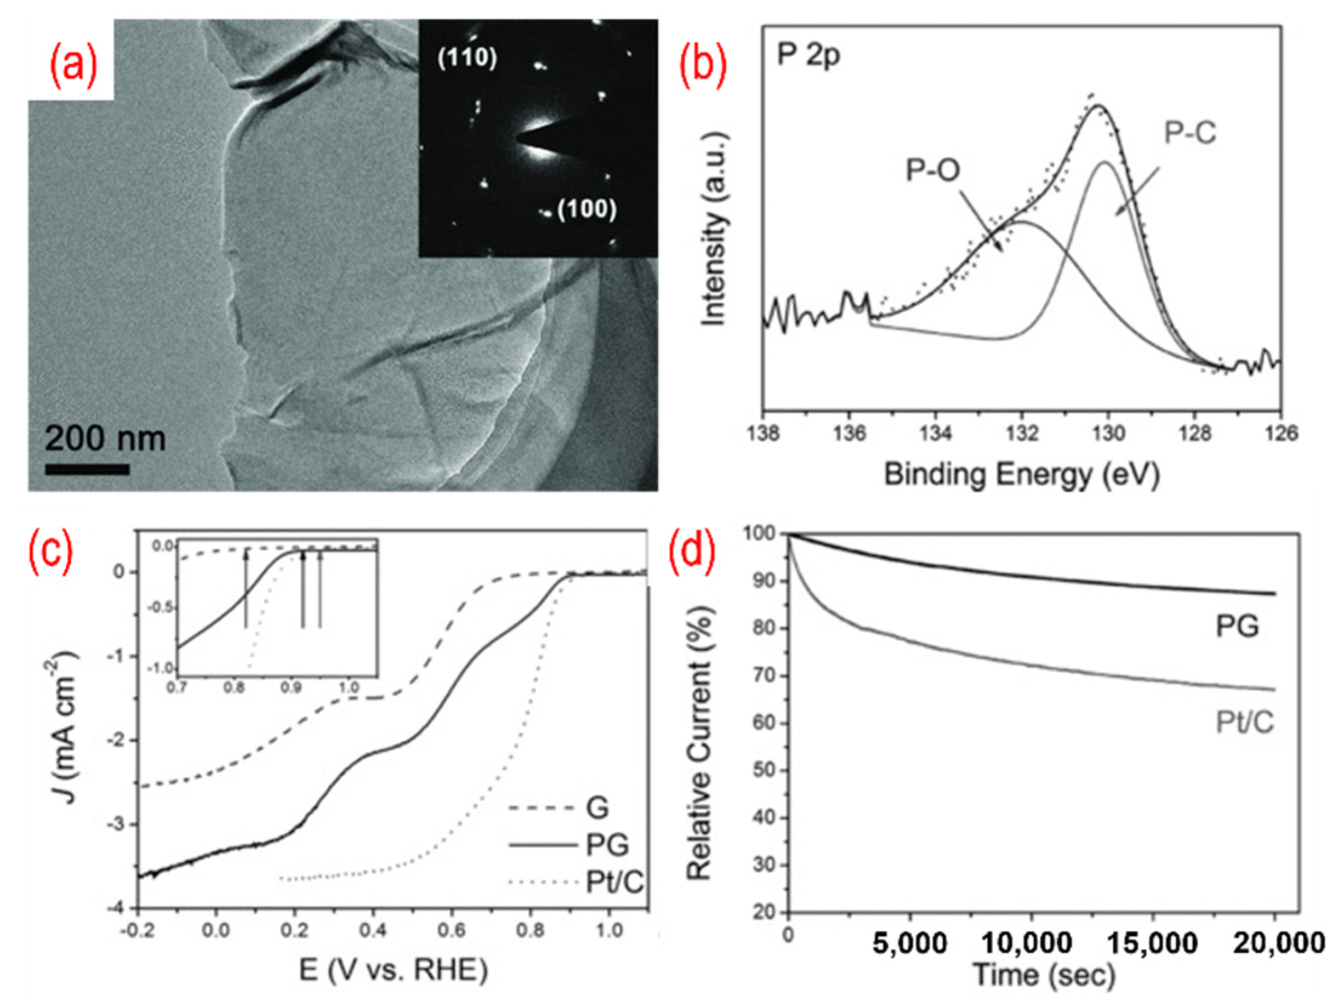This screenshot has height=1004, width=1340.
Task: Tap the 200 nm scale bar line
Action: coord(87,469)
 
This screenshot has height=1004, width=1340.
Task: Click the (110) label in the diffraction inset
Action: coord(467,58)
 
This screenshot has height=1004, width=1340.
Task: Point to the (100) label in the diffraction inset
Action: coord(586,210)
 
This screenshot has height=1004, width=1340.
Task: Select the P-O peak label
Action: coord(933,170)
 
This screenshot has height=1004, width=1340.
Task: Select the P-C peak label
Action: coord(1190,133)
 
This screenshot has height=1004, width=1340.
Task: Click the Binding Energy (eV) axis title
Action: coord(1022,475)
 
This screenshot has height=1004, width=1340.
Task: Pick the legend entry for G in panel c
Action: coord(597,808)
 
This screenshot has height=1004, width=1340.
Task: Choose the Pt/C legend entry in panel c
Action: coord(613,883)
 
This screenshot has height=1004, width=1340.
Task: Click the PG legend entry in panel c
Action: coord(606,845)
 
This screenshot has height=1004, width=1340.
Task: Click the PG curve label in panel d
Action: coord(1237,627)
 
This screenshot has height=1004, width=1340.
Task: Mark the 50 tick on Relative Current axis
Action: coord(765,771)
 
